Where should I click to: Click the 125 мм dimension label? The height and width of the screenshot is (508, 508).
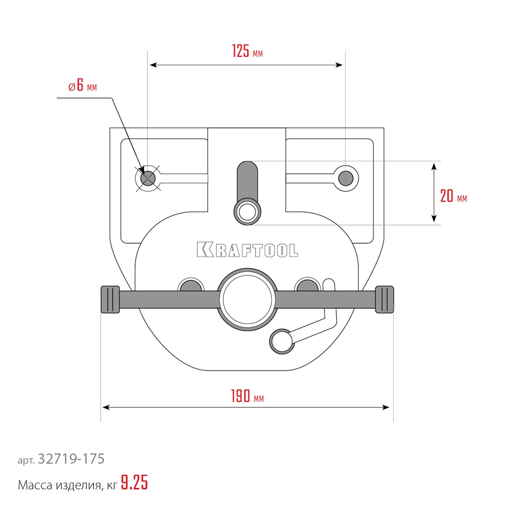pos(247,51)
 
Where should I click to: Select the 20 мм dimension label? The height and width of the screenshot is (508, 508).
pos(454,196)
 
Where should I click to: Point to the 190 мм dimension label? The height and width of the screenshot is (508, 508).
pos(247,396)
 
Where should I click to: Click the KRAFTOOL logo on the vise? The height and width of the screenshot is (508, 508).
pos(247,250)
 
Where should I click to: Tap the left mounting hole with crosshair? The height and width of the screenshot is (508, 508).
pos(148,178)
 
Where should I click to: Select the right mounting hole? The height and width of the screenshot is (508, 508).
pos(345,178)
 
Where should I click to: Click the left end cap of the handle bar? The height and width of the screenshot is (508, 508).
pos(110,299)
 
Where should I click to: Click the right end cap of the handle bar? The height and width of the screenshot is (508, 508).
pos(385,299)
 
